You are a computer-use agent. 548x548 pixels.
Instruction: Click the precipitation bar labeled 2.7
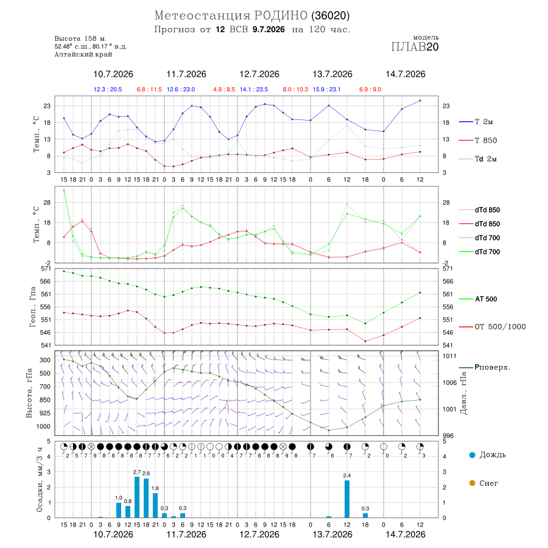(137, 497)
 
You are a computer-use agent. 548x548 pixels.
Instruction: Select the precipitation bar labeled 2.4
(347, 499)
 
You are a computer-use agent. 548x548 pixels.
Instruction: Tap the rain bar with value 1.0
(119, 510)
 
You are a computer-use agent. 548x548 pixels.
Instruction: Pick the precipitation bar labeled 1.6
(155, 505)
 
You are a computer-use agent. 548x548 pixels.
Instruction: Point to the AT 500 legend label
(478, 299)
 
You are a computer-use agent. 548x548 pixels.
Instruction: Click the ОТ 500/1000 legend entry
(493, 327)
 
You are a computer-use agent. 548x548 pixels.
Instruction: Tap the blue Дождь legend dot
(472, 455)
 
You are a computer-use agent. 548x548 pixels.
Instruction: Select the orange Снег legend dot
(472, 483)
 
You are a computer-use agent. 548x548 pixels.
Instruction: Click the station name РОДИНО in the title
(281, 15)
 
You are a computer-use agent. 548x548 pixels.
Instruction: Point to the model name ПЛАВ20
(415, 47)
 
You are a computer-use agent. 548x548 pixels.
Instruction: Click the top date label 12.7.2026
(259, 74)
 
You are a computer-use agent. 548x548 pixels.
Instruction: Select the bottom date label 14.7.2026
(406, 535)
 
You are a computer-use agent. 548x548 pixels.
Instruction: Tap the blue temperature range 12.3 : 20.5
(108, 90)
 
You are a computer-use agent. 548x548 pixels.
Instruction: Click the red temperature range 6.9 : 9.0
(370, 90)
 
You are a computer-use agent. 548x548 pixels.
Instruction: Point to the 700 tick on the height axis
(44, 387)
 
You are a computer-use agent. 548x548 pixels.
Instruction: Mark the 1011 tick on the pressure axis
(449, 356)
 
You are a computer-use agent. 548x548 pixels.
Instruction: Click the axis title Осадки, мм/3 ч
(39, 480)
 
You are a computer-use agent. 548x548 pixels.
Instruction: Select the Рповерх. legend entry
(485, 367)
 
